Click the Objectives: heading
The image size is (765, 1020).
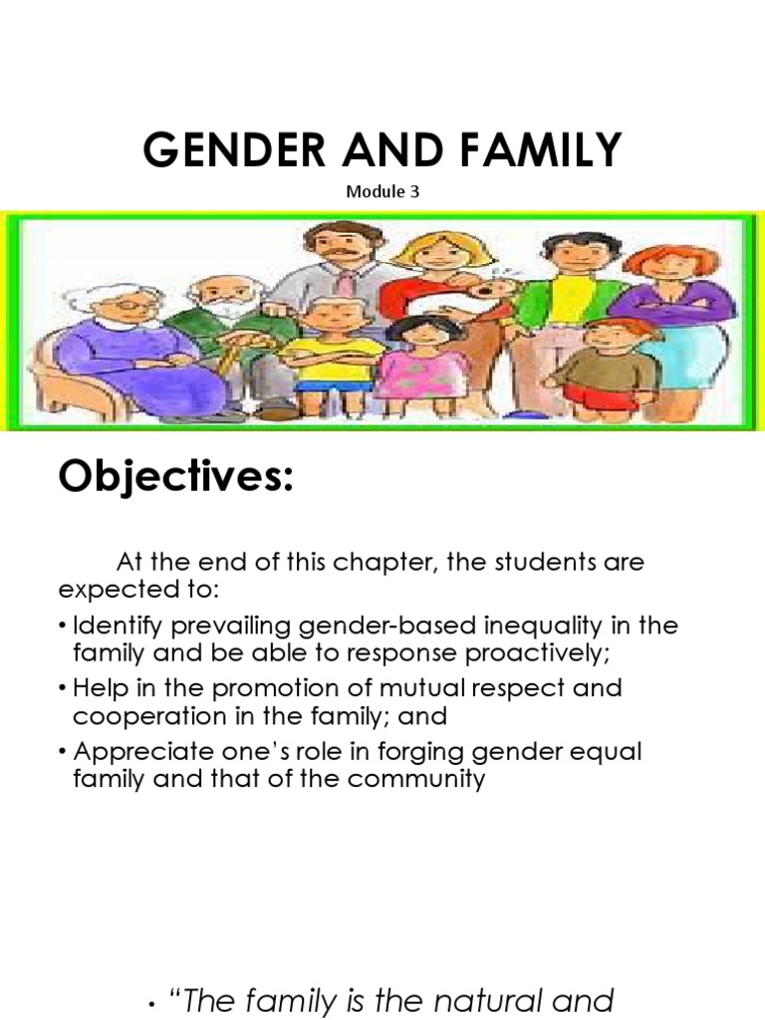[176, 477]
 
